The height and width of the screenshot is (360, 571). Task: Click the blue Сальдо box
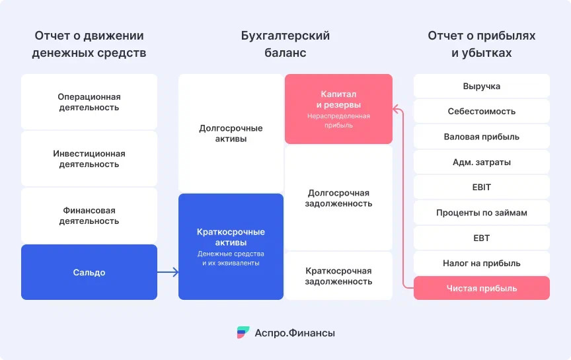coord(89,272)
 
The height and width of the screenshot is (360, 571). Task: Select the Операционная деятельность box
coord(89,102)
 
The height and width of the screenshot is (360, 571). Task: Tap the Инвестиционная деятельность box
coord(89,159)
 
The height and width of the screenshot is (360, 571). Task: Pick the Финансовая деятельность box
coord(89,215)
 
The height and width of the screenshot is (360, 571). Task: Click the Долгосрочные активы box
coord(231,133)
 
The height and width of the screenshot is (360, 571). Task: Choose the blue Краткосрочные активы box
coord(231,246)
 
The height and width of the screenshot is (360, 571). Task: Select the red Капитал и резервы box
coord(338,108)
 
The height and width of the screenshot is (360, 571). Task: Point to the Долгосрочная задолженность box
coord(338,198)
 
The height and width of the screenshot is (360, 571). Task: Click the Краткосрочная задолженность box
coord(338,276)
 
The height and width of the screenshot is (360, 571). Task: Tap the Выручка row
coord(481,86)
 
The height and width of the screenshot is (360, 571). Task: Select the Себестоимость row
coord(481,112)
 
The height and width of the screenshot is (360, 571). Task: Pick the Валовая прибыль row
coord(481,137)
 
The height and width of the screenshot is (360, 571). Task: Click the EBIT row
coord(481,187)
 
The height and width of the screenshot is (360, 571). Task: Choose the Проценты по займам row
coord(481,213)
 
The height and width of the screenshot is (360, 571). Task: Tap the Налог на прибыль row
coord(481,263)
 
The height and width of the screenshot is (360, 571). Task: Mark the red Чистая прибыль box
coord(481,288)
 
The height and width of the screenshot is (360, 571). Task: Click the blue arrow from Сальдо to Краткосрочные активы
coord(168,272)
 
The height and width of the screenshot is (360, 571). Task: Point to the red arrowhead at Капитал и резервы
coord(396,107)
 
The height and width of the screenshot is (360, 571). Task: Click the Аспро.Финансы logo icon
coord(243,333)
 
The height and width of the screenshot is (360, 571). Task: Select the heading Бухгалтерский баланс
coord(285,44)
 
